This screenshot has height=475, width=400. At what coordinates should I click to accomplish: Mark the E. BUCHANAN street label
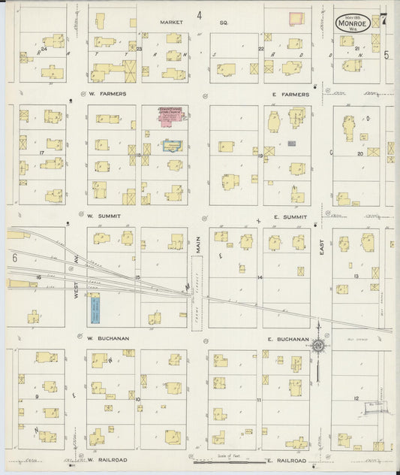click(x=288, y=339)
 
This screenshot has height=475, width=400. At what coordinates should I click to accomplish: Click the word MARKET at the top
click(x=171, y=22)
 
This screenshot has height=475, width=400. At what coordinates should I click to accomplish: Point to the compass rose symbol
click(x=318, y=346)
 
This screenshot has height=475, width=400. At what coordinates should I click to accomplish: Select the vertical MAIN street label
click(x=199, y=244)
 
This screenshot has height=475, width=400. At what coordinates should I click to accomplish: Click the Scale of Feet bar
click(x=225, y=462)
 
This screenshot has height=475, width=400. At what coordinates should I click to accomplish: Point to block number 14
click(x=260, y=277)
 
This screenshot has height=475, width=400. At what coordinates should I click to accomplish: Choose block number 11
click(x=259, y=400)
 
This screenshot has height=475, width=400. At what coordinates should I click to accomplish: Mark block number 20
click(x=360, y=153)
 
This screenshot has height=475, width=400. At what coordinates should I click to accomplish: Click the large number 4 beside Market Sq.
click(x=200, y=15)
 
